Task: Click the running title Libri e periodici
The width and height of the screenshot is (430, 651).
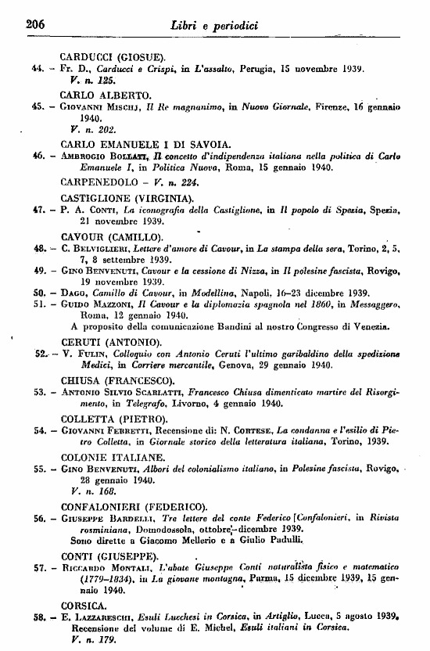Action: point(214,26)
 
